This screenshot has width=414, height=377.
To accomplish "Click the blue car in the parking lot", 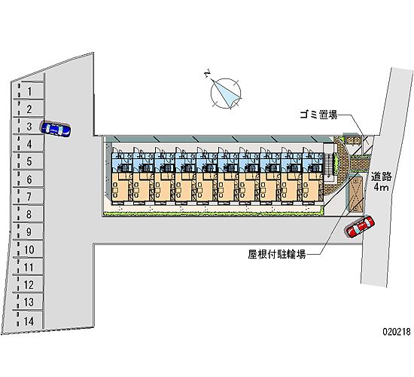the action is click(x=56, y=129).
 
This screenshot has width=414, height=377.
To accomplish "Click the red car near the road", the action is click(x=360, y=226).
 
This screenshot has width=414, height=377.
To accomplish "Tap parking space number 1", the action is click(x=29, y=90).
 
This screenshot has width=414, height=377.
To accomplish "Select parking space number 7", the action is click(x=29, y=196).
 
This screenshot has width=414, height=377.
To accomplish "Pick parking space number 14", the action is click(x=29, y=321).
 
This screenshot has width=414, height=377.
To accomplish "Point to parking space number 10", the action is click(x=29, y=249).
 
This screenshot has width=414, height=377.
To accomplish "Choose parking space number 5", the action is click(x=29, y=161).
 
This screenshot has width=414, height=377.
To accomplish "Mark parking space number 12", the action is click(x=29, y=284).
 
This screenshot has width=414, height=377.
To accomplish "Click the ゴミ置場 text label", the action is click(x=318, y=115).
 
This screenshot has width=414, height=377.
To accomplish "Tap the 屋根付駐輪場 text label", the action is click(x=277, y=255).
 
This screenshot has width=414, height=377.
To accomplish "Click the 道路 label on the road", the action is click(x=381, y=176).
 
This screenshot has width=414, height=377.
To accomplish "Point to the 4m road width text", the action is click(x=381, y=187).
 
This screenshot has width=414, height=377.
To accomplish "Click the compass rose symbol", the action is click(x=226, y=93).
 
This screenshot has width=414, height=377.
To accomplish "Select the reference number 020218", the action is click(x=397, y=332).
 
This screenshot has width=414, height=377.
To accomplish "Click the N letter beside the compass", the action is click(x=208, y=73).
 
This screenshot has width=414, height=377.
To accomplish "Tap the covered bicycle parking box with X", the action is click(x=355, y=195).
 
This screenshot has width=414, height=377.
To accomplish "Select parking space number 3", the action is click(x=29, y=126).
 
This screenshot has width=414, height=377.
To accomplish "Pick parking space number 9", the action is click(x=29, y=231).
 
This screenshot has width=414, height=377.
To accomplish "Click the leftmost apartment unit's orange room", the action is click(x=120, y=188).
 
